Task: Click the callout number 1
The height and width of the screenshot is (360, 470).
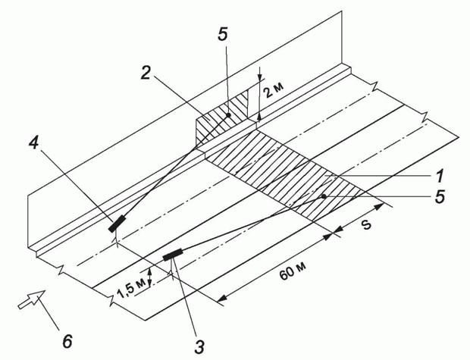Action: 439,177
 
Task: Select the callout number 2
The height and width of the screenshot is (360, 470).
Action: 146,72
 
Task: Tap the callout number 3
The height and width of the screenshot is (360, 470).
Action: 199,346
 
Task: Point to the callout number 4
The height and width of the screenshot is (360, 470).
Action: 34,142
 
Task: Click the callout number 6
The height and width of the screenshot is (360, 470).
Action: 67,341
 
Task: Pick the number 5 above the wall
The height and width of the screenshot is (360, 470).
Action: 222,34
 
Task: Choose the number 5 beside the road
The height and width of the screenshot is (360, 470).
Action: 440,197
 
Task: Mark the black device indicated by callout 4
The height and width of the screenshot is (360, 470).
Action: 117,224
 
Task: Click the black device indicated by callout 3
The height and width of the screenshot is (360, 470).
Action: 173,255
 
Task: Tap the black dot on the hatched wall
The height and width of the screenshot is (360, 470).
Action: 228,114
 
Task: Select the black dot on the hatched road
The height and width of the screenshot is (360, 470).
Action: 324,196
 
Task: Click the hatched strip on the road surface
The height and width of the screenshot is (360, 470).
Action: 285,174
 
